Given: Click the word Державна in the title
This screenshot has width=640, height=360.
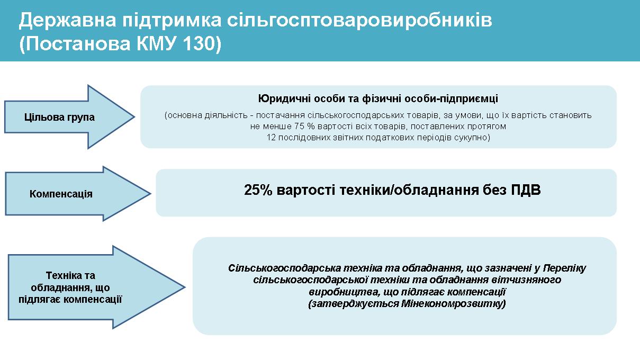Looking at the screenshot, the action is tap(67, 21).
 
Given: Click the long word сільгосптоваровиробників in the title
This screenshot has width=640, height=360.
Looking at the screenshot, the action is tap(359, 21).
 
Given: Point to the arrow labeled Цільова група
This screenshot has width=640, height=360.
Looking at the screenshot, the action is tap(69, 117).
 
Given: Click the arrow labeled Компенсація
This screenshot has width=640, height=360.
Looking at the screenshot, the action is tap(78, 194).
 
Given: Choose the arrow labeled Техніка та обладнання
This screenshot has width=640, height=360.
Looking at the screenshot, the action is tap(96, 287).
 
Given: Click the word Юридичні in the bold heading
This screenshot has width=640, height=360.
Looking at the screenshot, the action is tap(284, 99).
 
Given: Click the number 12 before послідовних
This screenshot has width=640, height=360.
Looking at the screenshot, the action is tap(271, 138).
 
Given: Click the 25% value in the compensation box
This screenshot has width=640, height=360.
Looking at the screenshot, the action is tap(258, 190).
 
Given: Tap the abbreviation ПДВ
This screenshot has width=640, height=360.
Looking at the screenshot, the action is tap(526, 190).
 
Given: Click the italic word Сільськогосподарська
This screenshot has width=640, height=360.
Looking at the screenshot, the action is tap(285, 268).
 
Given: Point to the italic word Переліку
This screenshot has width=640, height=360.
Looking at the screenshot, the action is tap(564, 268).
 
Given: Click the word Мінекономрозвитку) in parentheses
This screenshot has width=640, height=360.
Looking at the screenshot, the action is tap(454, 303).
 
